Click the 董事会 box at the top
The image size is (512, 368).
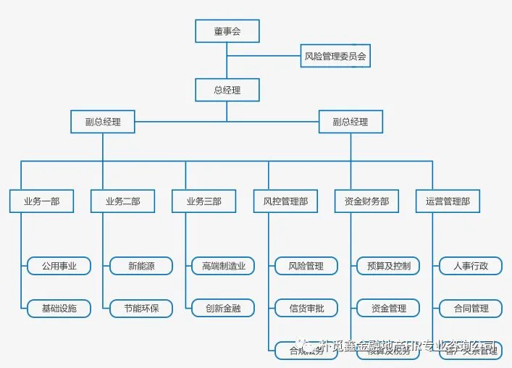(x=227, y=31)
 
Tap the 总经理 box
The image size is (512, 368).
(x=227, y=90)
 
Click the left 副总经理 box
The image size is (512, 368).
(x=103, y=122)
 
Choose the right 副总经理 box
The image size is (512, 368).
(x=351, y=122)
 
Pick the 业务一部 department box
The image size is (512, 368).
(x=41, y=201)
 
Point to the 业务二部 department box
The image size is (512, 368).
(x=122, y=201)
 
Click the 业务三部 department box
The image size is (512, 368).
(x=203, y=201)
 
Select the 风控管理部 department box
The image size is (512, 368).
(x=285, y=201)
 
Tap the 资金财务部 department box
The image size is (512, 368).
(x=366, y=201)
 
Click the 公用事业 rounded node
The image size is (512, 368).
(x=59, y=266)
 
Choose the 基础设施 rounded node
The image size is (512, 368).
(x=59, y=308)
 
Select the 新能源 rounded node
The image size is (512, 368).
(x=141, y=266)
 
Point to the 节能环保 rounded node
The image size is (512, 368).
(x=141, y=308)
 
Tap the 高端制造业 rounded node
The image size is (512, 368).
(x=223, y=266)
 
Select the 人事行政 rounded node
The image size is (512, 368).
(x=471, y=266)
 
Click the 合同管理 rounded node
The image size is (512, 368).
(x=471, y=308)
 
